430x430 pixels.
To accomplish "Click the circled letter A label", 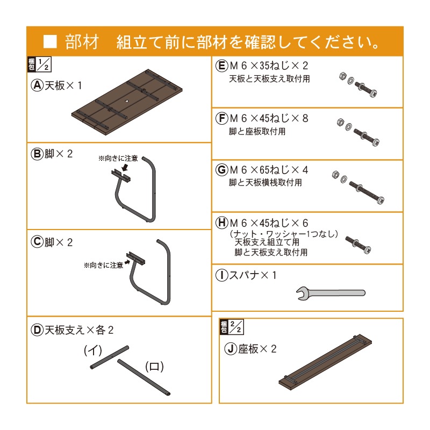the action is tap(37, 85).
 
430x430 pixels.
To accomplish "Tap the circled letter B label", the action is tap(37, 154).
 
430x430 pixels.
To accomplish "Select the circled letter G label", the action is tap(222, 170).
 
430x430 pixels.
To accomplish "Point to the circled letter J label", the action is tap(231, 349).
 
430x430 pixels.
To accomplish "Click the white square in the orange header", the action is tap(50, 42).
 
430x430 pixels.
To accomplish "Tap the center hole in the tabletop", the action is tap(127, 101).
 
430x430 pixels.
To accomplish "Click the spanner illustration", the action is tap(331, 293).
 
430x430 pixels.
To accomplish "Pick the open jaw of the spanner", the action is tap(301, 293).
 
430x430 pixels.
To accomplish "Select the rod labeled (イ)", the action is tap(110, 357).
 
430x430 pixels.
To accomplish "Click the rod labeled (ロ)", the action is tap(144, 377).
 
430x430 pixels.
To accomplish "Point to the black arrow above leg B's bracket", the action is tap(125, 167).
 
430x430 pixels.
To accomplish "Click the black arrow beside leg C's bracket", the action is tap(127, 262).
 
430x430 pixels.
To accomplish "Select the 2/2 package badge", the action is tap(232, 327).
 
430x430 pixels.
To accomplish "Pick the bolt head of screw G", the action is tap(381, 200).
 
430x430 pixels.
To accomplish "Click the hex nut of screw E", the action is tap(342, 76).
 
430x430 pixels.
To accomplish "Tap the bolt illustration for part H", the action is tap(358, 245).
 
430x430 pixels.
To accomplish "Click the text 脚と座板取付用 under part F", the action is tap(257, 132).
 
